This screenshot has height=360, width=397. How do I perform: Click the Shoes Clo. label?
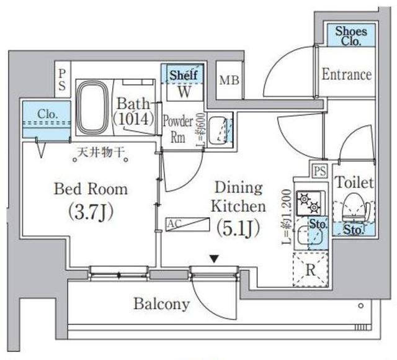(x=351, y=35)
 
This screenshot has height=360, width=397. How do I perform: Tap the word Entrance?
(x=347, y=74)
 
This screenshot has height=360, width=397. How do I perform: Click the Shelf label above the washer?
(x=184, y=74)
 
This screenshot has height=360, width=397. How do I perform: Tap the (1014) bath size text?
(x=133, y=119)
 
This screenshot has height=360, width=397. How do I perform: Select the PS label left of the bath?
(x=62, y=79)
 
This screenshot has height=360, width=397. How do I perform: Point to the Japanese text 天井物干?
(x=99, y=151)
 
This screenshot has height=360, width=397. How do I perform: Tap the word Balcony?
(x=161, y=304)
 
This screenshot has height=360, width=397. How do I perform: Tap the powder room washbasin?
(x=218, y=129)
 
